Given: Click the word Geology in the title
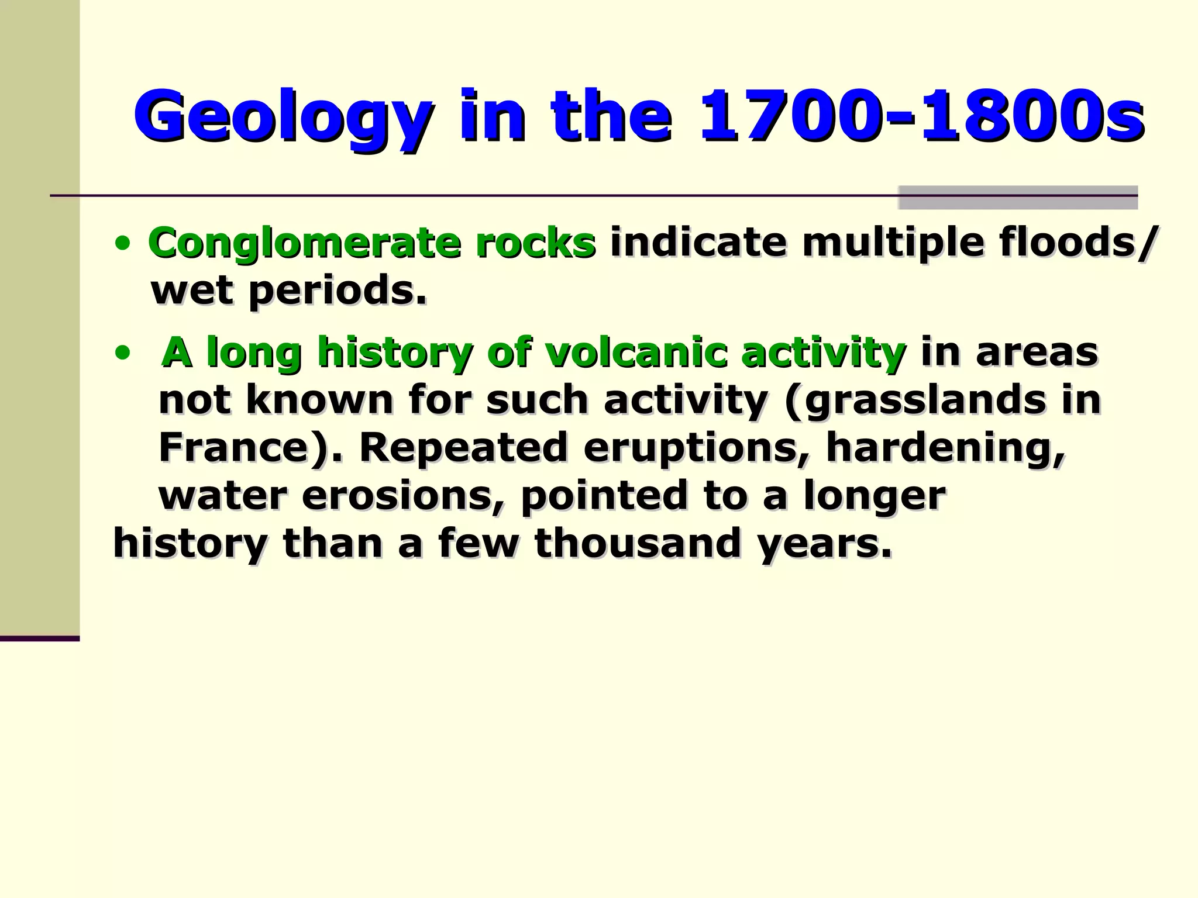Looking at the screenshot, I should point(284,116).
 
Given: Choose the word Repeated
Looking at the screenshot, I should point(463,447).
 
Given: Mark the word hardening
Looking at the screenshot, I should point(945,447).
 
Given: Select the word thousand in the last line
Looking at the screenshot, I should point(638,543).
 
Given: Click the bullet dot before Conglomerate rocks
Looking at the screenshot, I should point(122,244).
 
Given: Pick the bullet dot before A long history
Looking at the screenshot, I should point(122,353).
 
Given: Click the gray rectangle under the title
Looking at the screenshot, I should point(1017,198).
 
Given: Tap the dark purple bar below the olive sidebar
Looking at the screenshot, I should point(39,638).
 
